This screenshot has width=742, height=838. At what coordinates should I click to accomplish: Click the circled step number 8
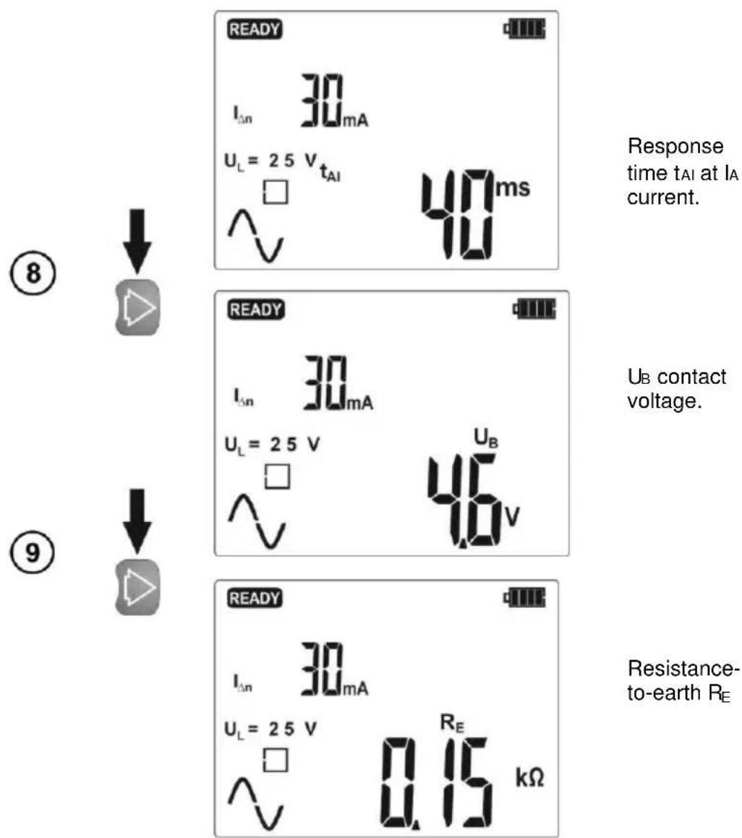click(33, 273)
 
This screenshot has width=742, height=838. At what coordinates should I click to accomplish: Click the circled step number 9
click(33, 552)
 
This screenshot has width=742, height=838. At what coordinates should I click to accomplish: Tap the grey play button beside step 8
click(137, 307)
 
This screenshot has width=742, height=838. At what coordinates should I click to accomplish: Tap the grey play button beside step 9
click(137, 587)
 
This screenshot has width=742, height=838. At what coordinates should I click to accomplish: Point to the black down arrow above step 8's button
click(137, 240)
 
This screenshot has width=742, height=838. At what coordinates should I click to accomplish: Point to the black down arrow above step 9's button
click(137, 520)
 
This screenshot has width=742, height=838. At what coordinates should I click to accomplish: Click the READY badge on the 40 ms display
click(255, 29)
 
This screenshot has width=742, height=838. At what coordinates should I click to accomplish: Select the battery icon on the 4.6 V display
click(534, 309)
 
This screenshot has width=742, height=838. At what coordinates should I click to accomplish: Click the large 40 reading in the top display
click(458, 215)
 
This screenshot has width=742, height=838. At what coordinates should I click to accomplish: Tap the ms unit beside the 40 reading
click(513, 188)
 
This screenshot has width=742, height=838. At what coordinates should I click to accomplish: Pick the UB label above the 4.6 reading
click(486, 438)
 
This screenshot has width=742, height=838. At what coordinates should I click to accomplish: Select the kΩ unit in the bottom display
click(530, 777)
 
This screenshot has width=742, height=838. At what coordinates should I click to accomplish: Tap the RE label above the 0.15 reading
click(452, 723)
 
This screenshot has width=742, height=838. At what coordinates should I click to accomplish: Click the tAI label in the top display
click(330, 172)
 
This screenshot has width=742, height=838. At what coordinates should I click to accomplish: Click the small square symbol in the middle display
click(278, 476)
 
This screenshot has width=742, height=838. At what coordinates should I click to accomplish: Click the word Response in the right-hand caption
click(675, 147)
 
